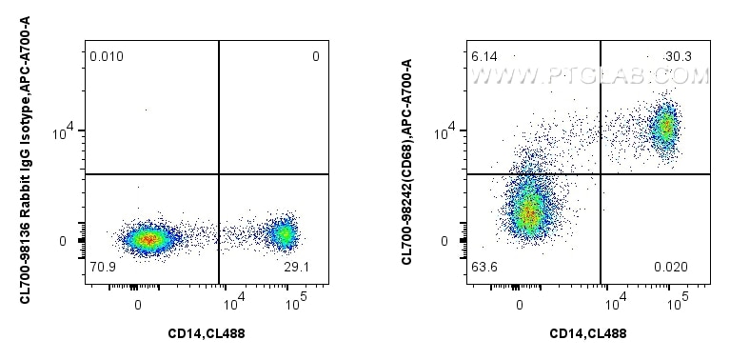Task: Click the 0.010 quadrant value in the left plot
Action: click(107, 58)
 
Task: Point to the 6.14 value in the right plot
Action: click(485, 58)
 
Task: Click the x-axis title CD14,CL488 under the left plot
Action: click(206, 333)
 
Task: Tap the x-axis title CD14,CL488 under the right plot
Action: click(588, 333)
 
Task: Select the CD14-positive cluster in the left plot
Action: click(283, 234)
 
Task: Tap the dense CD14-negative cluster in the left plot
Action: click(145, 239)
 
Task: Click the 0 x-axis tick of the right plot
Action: click(520, 305)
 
